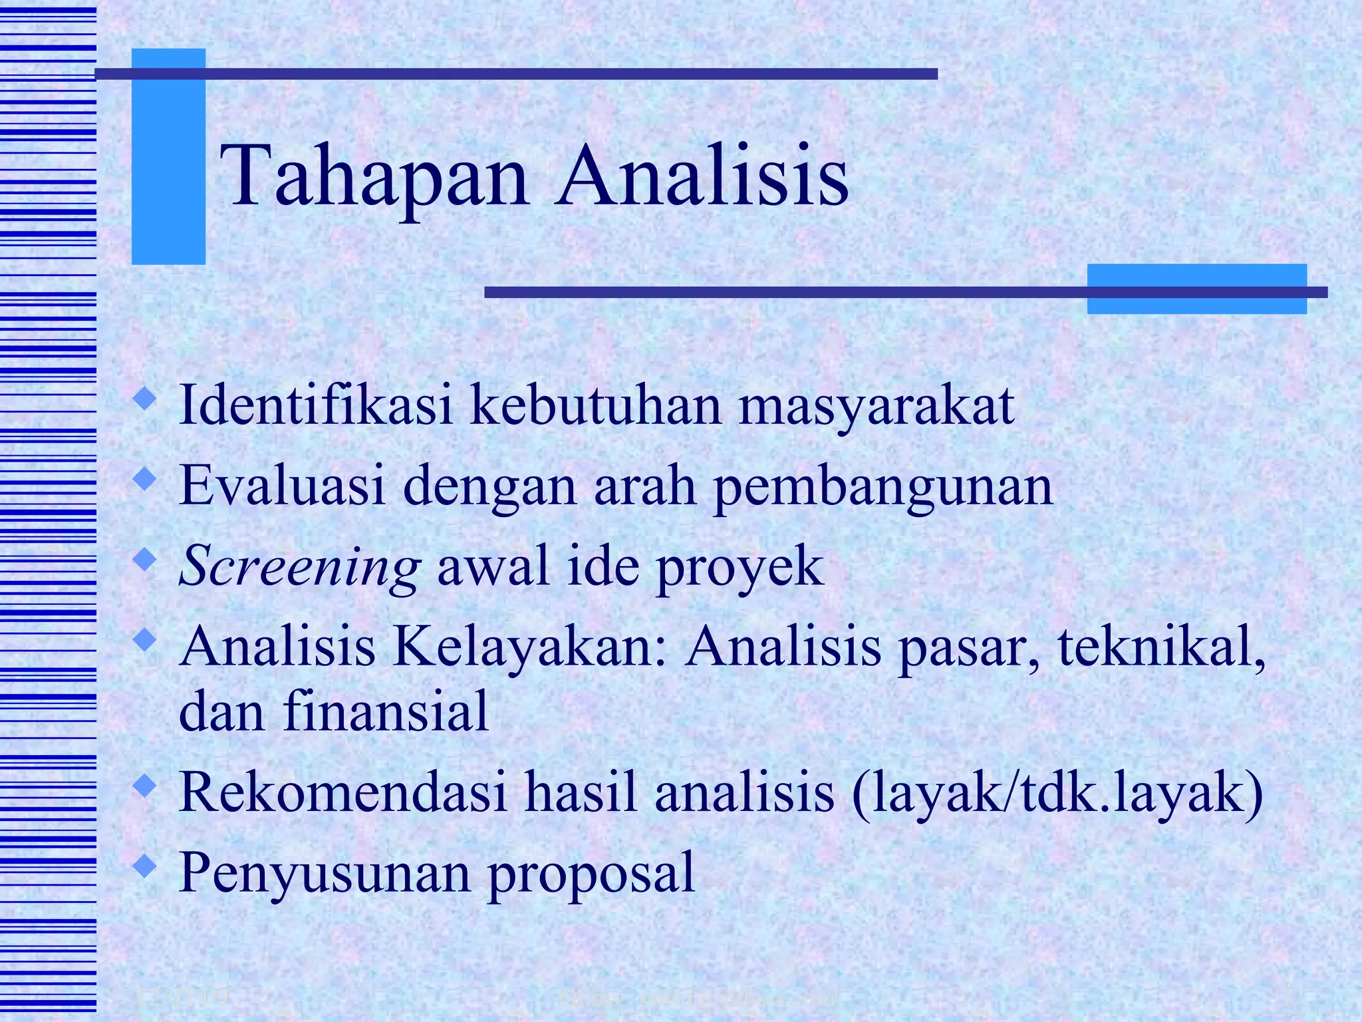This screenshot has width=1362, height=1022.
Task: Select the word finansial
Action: (x=386, y=710)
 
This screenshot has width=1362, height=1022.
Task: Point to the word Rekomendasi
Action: (x=343, y=792)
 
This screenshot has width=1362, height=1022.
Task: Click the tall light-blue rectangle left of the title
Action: (x=168, y=156)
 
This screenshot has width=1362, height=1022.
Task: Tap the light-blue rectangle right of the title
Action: (x=1196, y=289)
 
